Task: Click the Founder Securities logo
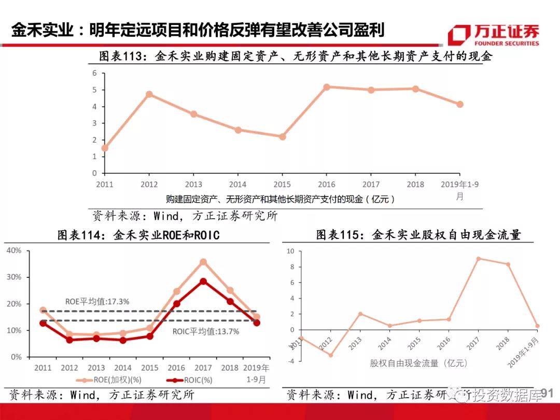pos(493,35)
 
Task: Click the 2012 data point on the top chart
pos(149,94)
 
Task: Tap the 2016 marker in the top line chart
pos(327,87)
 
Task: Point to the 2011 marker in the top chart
pos(105,148)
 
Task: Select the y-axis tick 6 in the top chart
pos(95,73)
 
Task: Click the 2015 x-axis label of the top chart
pos(282,185)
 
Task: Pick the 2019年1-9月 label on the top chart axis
pos(459,190)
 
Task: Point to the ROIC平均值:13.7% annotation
pos(206,331)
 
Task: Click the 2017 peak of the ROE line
pos(203,262)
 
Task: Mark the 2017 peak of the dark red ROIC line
pos(203,281)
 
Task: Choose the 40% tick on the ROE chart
pos(14,250)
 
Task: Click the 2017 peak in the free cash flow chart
pos(478,258)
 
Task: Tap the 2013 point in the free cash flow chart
pos(360,314)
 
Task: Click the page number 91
pos(548,395)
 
